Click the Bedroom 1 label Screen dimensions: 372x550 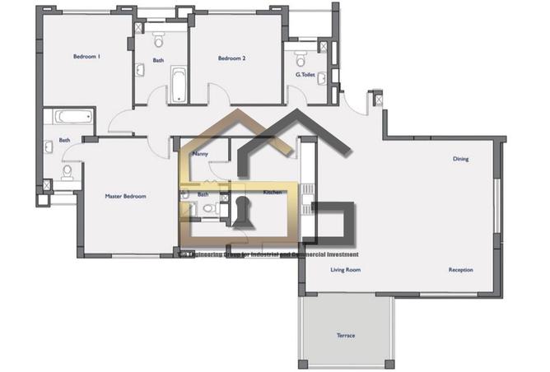point(86,57)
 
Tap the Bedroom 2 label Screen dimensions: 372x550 point(232,58)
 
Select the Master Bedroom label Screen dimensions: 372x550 point(125,197)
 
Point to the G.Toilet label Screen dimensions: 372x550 point(307,75)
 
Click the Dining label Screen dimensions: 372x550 point(460,159)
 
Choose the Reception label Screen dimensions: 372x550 point(460,270)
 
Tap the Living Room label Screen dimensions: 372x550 point(346,270)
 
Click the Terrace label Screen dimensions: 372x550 point(346,336)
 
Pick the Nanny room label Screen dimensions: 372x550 point(199,154)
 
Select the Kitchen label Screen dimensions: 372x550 point(273,192)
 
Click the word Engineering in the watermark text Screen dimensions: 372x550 point(212,254)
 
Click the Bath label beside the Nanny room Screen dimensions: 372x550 point(203,194)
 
